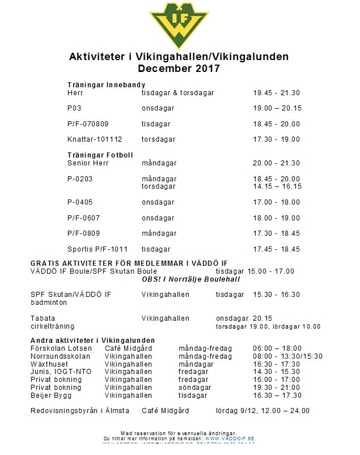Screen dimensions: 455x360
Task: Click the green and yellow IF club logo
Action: (x=179, y=24)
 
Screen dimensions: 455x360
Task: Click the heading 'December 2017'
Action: (x=179, y=69)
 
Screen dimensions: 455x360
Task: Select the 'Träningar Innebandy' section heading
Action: (x=107, y=85)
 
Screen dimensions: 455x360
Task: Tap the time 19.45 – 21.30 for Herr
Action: (x=277, y=93)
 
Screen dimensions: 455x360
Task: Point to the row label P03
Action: (x=74, y=108)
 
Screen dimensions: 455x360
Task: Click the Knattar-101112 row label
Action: (x=95, y=139)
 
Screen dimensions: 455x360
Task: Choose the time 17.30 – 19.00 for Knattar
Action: (x=277, y=139)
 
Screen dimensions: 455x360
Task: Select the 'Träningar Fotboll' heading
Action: (x=100, y=155)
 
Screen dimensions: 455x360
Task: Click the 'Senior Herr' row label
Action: (x=88, y=163)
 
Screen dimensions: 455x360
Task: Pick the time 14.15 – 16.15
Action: (x=277, y=186)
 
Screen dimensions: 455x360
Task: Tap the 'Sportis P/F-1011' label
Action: (x=98, y=249)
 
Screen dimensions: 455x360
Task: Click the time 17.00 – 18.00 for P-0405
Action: (x=277, y=202)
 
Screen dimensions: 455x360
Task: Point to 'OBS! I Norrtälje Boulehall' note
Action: (x=191, y=279)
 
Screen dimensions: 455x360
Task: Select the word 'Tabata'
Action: (x=43, y=318)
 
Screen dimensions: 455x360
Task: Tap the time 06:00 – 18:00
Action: (x=277, y=348)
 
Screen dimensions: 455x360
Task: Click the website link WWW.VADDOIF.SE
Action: (x=230, y=439)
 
